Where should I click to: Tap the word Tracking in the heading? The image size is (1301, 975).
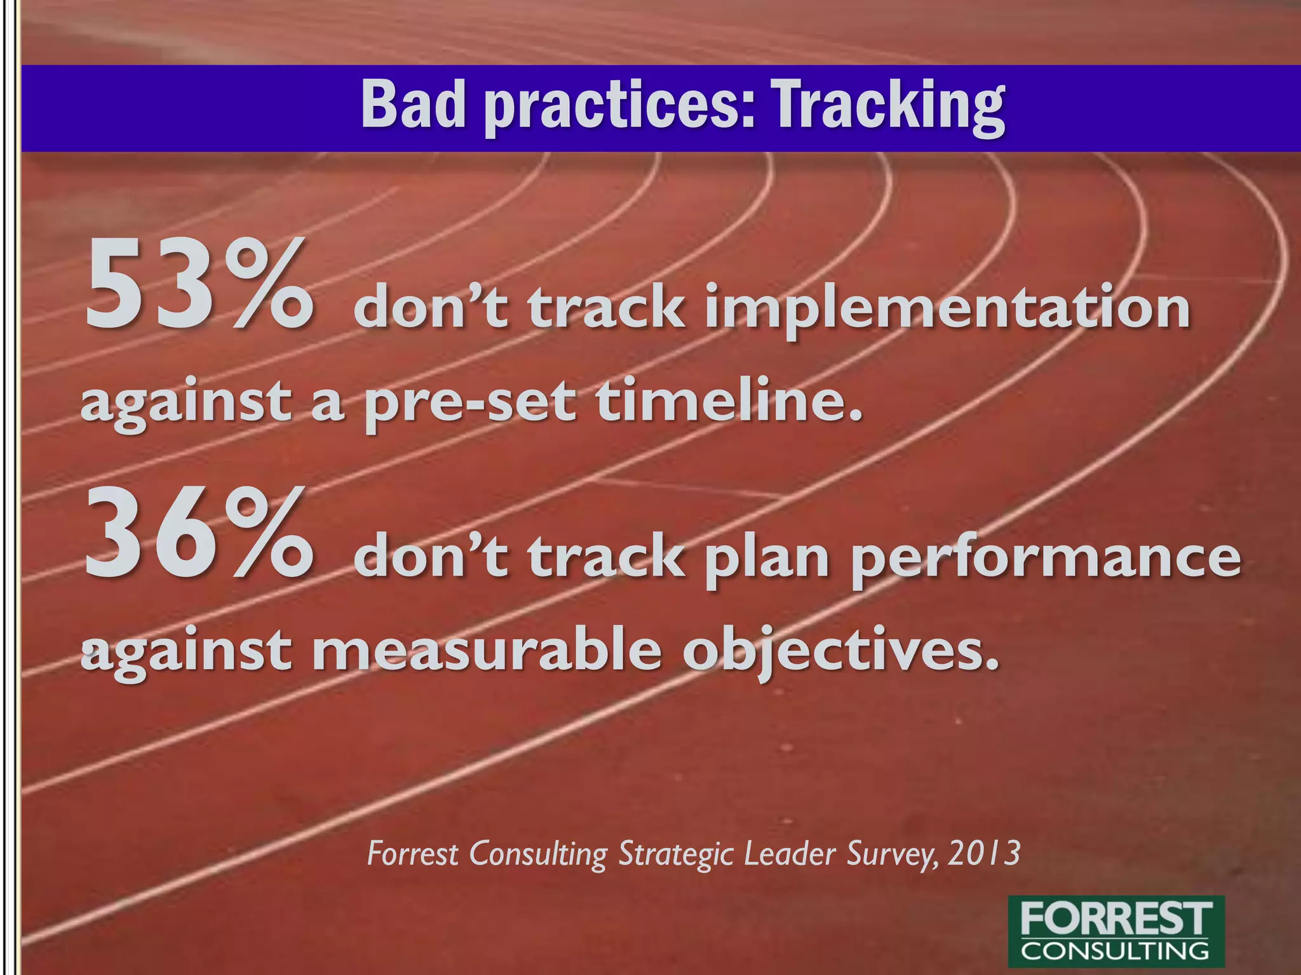pyautogui.click(x=887, y=107)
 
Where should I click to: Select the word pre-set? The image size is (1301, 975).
pyautogui.click(x=470, y=404)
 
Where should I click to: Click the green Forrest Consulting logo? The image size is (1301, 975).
pyautogui.click(x=1116, y=931)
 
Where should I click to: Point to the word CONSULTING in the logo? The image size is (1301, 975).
pyautogui.click(x=1116, y=950)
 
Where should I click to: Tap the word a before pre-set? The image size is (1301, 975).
pyautogui.click(x=328, y=404)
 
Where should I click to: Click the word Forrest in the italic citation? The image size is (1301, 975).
pyautogui.click(x=413, y=853)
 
